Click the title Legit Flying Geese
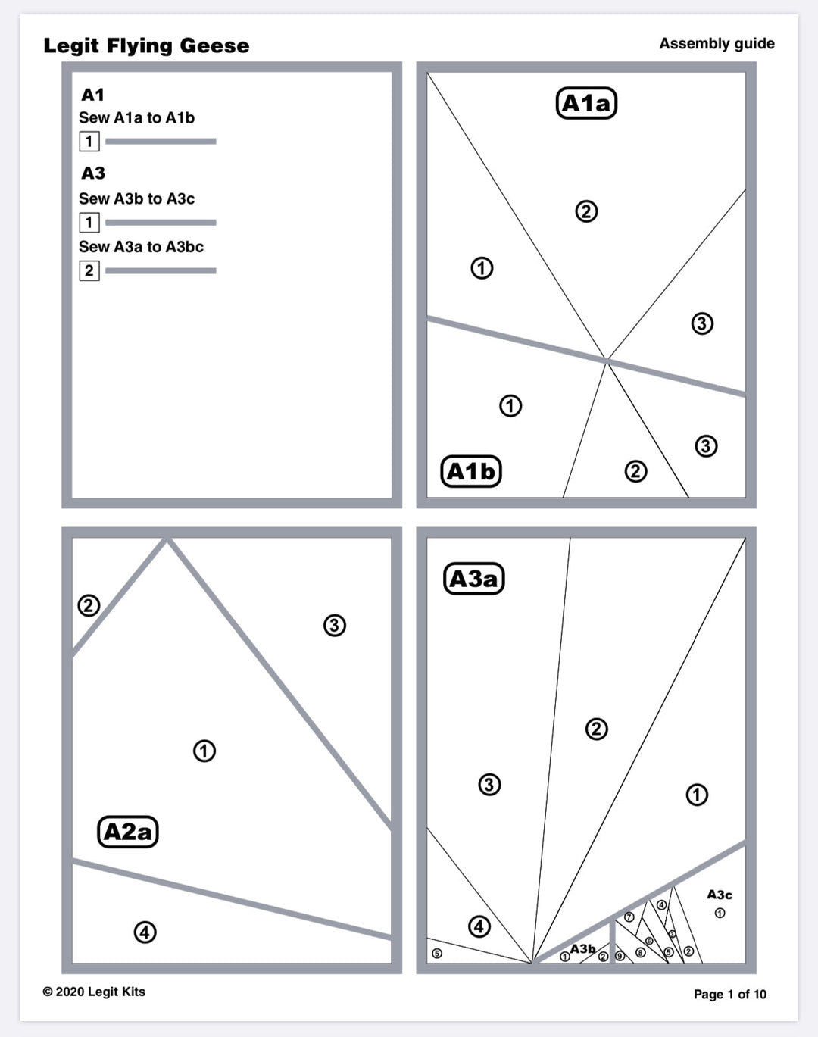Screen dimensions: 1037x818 (146, 45)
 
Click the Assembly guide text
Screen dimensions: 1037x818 (717, 43)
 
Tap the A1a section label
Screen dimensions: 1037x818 (586, 103)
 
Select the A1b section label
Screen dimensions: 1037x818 (470, 471)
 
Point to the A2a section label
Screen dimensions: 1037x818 (128, 832)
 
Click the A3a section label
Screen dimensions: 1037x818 (473, 579)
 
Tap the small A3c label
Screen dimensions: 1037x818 (720, 895)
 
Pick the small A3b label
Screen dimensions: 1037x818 (582, 948)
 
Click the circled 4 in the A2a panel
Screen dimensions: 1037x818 (145, 932)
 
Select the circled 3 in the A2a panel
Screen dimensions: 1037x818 (334, 625)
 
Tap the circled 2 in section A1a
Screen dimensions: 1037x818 (586, 211)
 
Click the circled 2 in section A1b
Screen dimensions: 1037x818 (635, 471)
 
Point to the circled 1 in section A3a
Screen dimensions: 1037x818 (697, 795)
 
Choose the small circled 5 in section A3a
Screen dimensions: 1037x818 (436, 953)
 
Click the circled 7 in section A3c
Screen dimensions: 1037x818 (629, 917)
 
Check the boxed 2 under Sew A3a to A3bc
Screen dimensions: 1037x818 (89, 270)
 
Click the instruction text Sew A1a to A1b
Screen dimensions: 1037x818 (136, 117)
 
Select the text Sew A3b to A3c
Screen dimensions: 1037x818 (136, 198)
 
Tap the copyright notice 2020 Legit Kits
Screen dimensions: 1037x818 (94, 992)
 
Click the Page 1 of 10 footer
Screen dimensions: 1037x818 (729, 994)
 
